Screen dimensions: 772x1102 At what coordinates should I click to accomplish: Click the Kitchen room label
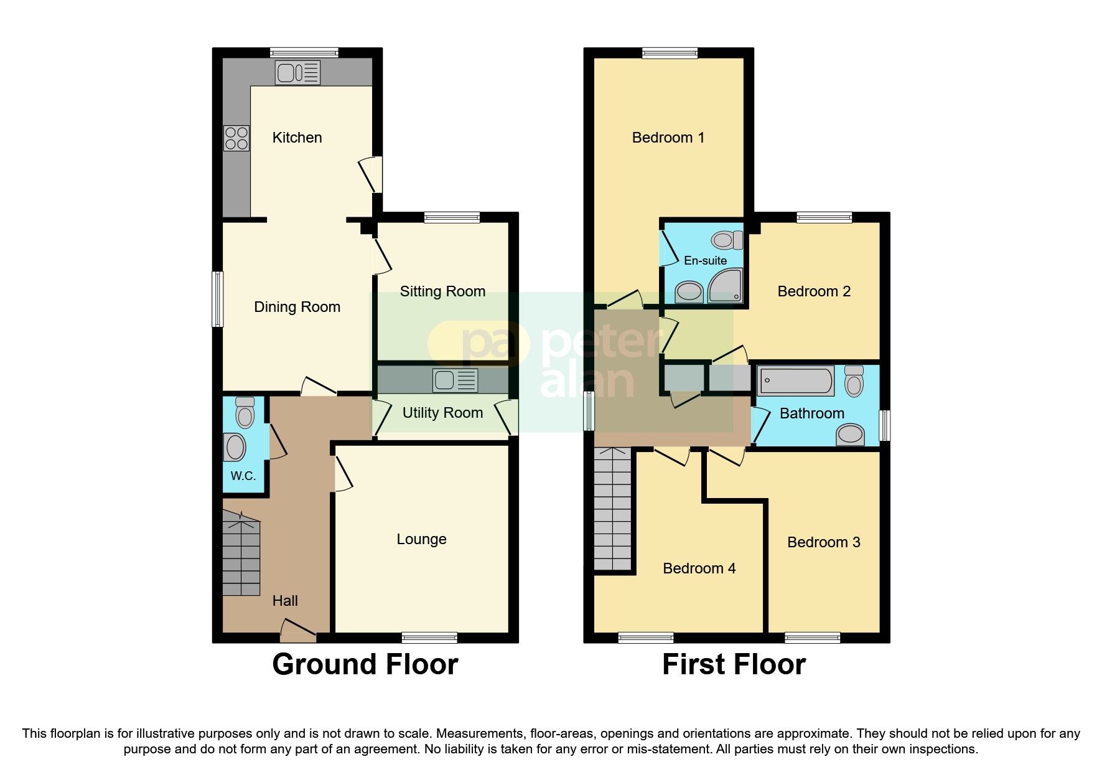[297, 138]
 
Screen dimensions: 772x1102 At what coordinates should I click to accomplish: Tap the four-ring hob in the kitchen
[236, 138]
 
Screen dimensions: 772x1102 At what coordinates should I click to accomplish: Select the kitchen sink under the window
[297, 73]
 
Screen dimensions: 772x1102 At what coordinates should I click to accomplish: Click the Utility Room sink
[455, 380]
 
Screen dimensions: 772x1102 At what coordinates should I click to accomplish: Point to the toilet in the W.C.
[245, 413]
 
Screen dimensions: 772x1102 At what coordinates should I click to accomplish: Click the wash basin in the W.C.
[235, 447]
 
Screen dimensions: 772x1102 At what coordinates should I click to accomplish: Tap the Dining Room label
[297, 307]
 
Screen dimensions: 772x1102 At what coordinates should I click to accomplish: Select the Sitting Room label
[442, 291]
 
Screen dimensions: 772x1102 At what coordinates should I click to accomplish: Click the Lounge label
[421, 539]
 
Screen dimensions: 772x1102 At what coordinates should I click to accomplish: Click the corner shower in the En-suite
[726, 286]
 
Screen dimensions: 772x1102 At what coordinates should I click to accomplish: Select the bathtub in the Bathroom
[796, 380]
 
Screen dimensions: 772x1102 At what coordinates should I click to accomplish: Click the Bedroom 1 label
[668, 138]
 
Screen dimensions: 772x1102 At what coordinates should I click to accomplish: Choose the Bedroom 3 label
[823, 542]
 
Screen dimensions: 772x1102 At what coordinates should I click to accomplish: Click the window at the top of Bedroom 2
[824, 217]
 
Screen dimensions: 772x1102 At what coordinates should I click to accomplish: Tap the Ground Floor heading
[365, 664]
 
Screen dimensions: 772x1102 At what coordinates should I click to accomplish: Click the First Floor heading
[734, 664]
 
